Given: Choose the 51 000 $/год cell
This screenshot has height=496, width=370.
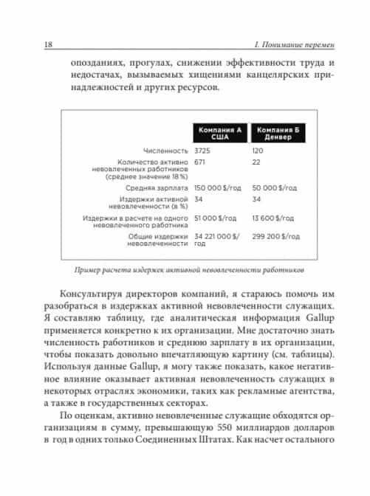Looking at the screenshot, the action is click(x=214, y=218).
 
